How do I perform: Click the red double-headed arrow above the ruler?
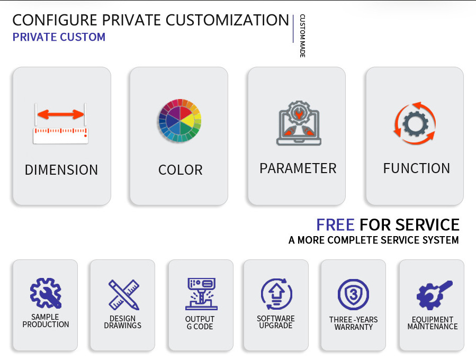[x=60, y=114]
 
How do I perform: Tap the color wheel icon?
[x=179, y=121]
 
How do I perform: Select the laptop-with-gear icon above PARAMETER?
[x=299, y=123]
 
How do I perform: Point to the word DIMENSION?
[x=61, y=170]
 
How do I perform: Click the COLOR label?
[x=180, y=170]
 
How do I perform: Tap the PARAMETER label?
[x=298, y=168]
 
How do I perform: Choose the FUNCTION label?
[x=416, y=168]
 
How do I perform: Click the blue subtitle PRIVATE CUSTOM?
[x=59, y=37]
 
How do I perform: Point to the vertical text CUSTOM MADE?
[x=302, y=36]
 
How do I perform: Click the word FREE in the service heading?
[x=335, y=224]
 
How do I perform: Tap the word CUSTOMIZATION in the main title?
[x=227, y=20]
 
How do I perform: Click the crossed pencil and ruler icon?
[x=123, y=294]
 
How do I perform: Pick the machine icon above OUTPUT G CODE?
[x=201, y=294]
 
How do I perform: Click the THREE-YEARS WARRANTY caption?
[x=353, y=323]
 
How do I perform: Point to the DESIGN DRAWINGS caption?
[x=122, y=322]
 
